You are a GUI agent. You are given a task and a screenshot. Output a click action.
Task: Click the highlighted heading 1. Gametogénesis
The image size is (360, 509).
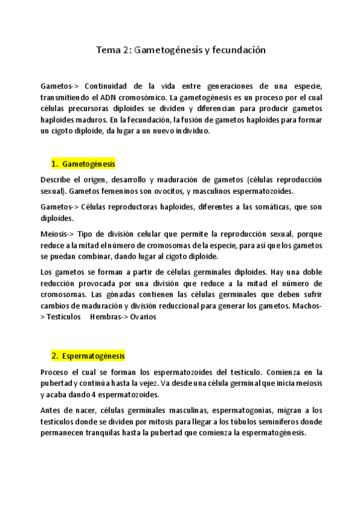83,164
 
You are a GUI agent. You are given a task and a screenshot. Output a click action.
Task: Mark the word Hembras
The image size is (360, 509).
106,317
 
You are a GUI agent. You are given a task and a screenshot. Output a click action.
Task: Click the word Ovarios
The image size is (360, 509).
141,317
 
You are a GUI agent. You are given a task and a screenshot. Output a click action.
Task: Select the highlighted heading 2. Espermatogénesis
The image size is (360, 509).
88,356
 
